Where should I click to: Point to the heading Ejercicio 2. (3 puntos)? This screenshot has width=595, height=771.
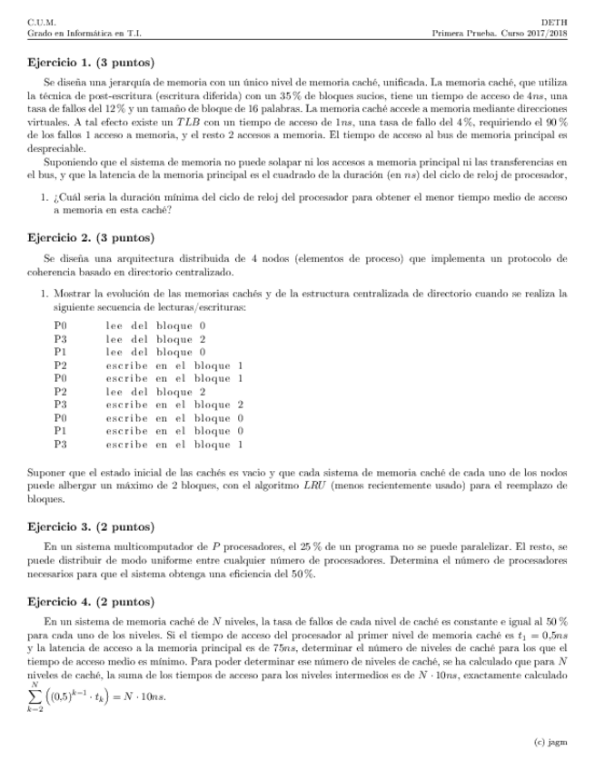point(91,238)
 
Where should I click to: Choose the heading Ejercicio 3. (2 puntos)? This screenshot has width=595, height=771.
point(91,526)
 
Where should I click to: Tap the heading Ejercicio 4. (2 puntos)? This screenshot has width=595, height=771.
point(91,602)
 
